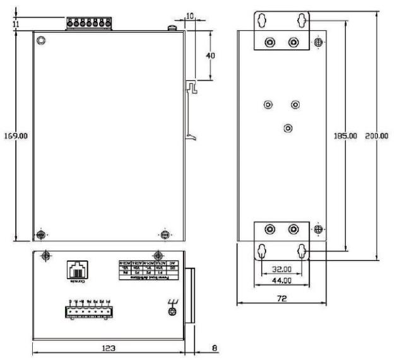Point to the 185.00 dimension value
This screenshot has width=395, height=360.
346,136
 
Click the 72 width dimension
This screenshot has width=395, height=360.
281,298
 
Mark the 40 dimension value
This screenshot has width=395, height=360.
211,55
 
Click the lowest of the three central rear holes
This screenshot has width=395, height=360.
288,128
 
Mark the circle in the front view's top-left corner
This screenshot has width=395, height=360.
41,41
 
